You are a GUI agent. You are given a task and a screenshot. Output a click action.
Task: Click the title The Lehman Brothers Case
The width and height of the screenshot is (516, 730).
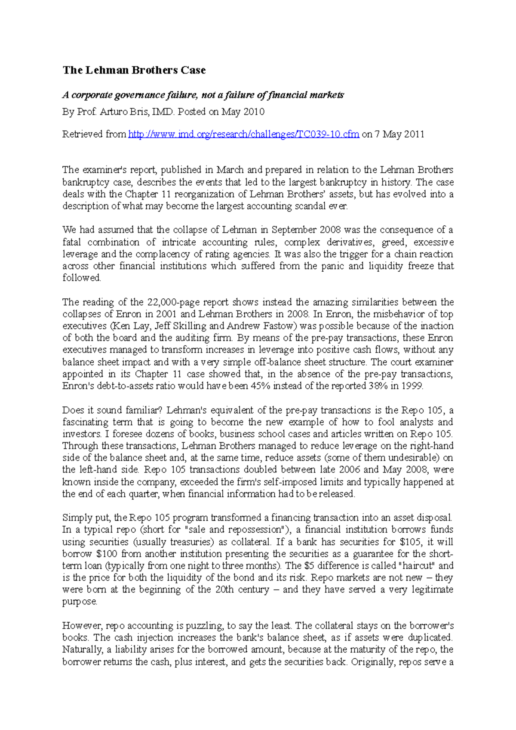(134, 70)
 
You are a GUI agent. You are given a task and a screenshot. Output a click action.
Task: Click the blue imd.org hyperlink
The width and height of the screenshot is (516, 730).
(244, 134)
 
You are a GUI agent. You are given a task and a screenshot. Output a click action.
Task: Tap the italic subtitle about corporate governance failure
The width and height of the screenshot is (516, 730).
(203, 95)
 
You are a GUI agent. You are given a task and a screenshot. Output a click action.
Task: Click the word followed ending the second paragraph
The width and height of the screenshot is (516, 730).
(81, 278)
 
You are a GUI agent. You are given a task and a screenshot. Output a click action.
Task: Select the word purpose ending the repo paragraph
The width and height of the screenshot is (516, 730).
(79, 602)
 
